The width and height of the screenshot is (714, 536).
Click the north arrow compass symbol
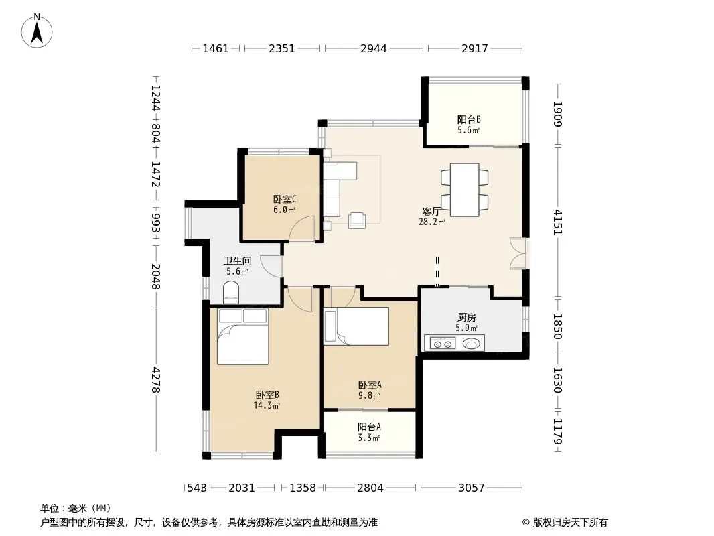37,31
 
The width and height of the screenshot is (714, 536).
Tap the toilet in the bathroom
231,292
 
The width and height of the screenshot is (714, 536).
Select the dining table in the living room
464,190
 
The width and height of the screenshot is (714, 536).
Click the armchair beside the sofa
357,220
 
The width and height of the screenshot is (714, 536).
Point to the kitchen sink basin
472,343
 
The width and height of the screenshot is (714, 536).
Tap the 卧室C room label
285,199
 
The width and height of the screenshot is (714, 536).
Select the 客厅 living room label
431,211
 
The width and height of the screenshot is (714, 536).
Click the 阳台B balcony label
469,120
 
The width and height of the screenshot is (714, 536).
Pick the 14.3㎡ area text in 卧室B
267,405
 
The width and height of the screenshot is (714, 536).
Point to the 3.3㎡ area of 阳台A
369,438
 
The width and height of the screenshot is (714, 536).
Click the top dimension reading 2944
373,48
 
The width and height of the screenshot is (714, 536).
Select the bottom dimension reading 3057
472,488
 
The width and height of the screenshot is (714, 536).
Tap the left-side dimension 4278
156,380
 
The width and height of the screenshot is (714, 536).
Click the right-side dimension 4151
558,222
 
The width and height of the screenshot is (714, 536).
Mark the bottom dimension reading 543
197,488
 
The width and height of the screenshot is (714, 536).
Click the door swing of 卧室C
302,228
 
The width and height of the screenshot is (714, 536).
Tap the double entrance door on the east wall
518,254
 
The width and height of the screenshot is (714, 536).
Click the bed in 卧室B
242,336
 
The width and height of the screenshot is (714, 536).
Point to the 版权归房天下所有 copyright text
570,523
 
